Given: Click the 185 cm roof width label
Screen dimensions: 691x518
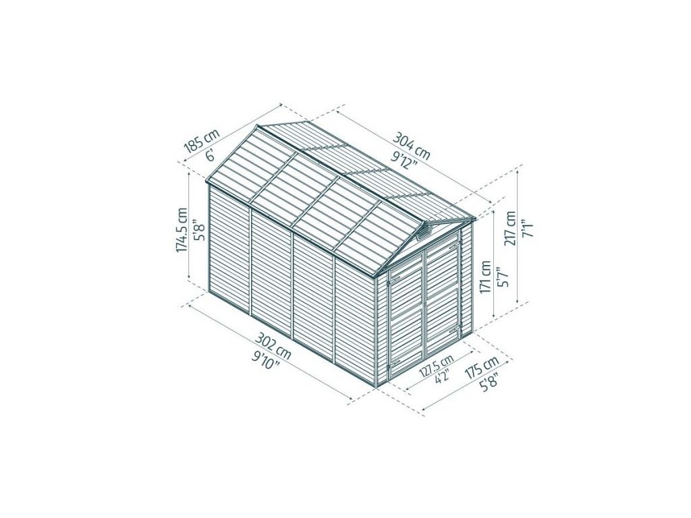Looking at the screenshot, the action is tap(201, 140).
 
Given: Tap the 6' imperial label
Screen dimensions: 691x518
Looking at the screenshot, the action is tap(211, 154).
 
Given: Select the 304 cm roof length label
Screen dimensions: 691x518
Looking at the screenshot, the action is tap(411, 146).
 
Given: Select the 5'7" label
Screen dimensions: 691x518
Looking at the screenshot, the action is tap(503, 277).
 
